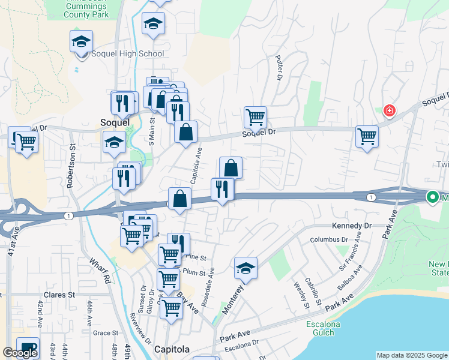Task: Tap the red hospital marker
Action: [x=390, y=111]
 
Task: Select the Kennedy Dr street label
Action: [x=352, y=226]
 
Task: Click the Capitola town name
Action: [x=172, y=349]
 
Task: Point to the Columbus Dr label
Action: [x=329, y=240]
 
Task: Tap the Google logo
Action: [x=20, y=353]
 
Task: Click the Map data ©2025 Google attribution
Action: [x=412, y=355]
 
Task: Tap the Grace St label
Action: [x=105, y=333]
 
